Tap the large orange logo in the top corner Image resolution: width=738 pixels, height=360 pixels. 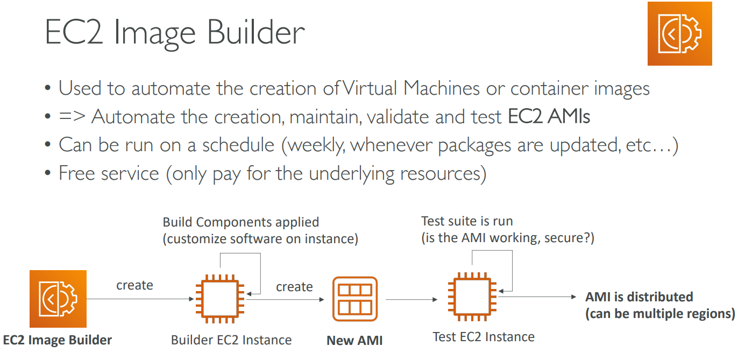tap(679, 33)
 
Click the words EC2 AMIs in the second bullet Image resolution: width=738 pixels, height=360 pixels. tap(549, 116)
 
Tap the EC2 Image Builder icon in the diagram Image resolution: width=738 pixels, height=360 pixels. tap(58, 299)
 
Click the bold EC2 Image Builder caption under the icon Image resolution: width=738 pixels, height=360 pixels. tap(58, 340)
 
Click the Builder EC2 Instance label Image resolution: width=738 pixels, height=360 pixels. tap(231, 340)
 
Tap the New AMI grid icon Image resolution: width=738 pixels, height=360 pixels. tap(354, 299)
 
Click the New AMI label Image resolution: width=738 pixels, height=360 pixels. tap(354, 341)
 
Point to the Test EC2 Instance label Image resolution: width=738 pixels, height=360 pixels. tap(484, 337)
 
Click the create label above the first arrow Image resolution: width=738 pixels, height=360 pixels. tap(134, 285)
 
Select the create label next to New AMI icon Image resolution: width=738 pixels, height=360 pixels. tap(294, 287)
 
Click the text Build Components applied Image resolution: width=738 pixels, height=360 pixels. tap(241, 222)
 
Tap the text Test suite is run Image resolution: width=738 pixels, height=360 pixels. tap(467, 221)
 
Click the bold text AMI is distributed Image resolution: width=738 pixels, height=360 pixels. tap(639, 297)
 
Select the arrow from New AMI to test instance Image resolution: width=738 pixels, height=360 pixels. tap(411, 299)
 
